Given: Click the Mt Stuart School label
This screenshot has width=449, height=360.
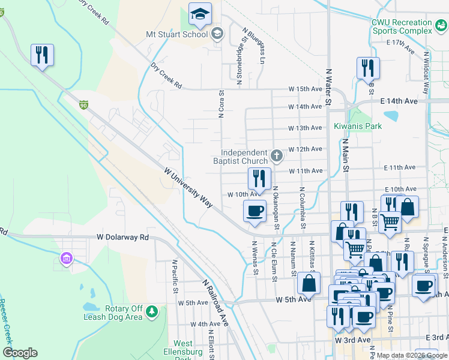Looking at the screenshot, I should [176, 34].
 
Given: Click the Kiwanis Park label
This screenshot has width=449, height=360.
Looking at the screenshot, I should [358, 127].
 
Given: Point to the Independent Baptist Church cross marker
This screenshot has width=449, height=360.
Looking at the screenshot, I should [276, 156].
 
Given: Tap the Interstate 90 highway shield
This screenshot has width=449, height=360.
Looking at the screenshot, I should [83, 105].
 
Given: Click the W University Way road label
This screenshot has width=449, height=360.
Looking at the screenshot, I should [188, 188].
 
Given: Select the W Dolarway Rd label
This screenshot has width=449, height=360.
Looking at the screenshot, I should [122, 237].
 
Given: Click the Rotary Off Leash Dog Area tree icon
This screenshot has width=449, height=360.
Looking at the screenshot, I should [152, 311].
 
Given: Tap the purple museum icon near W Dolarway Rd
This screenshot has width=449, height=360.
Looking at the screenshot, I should [66, 259].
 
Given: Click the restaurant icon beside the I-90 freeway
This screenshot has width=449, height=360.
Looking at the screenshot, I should [43, 55].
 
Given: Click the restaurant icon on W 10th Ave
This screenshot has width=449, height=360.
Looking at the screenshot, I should [259, 178].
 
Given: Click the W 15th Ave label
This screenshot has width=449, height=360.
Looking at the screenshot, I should [305, 89].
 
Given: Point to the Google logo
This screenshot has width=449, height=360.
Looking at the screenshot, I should [20, 353].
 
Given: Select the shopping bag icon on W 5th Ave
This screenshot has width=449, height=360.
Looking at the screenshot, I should [309, 283].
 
